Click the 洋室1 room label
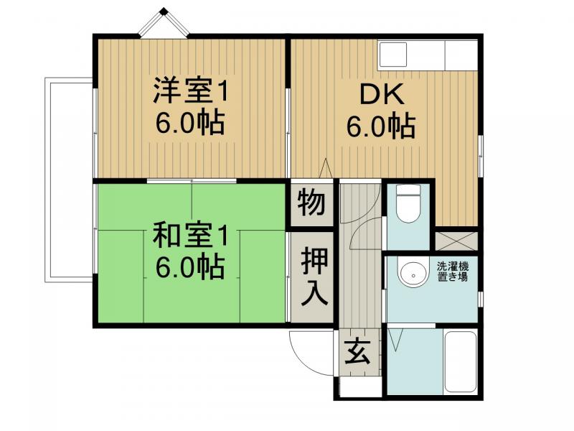coord(190,90)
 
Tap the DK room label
coord(382,95)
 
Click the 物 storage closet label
coord(311,203)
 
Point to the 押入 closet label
coord(314,277)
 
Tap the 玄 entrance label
coord(357,351)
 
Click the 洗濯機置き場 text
coord(453,272)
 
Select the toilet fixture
coord(408,204)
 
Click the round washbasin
coord(413,275)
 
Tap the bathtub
coord(460,362)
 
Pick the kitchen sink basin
coord(392,55)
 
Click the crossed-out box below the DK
coord(456,241)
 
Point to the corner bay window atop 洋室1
coord(164,23)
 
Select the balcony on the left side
coord(69,180)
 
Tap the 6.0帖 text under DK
coord(381,126)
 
